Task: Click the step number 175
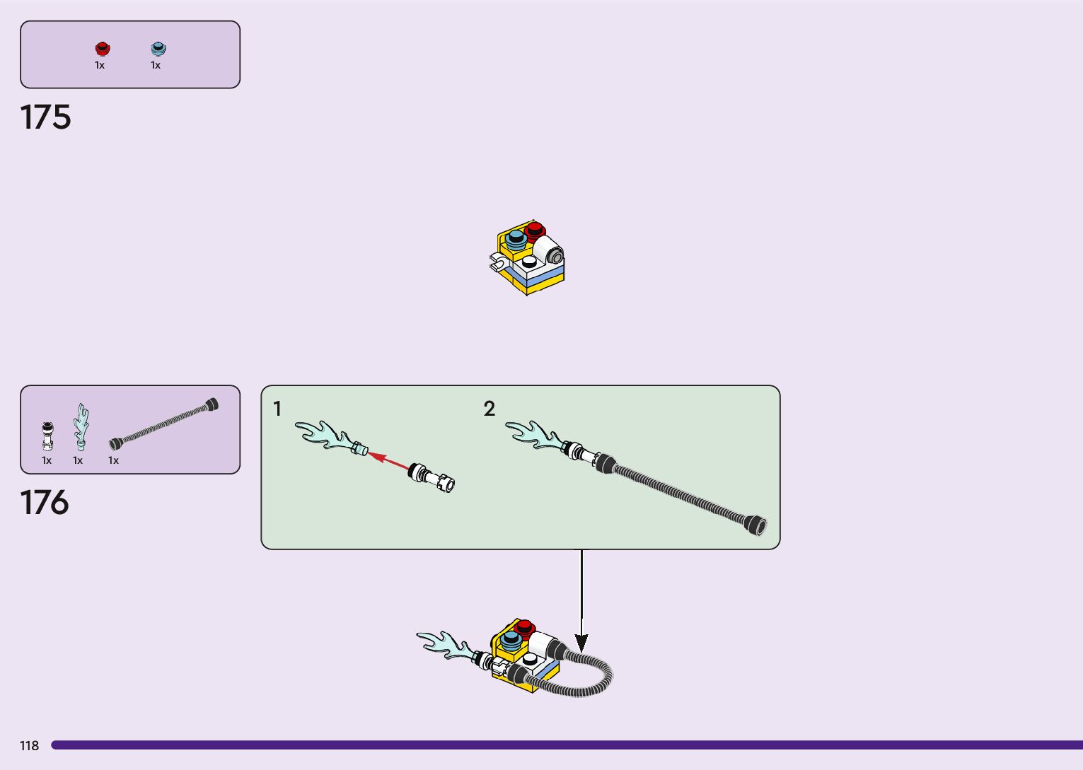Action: coord(46,117)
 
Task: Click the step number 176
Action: coord(45,503)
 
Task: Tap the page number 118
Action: coord(29,745)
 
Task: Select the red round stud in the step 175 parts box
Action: coord(103,48)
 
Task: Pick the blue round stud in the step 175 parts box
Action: coord(158,48)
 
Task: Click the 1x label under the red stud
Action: coord(100,65)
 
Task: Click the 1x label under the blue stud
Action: coord(156,65)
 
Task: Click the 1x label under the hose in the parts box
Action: coord(113,460)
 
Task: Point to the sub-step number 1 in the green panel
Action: coord(277,409)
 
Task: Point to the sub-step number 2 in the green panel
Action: coord(490,409)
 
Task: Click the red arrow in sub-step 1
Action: coord(388,460)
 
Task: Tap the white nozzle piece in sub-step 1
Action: coord(432,477)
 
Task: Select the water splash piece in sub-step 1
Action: coord(330,436)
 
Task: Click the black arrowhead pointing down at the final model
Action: coord(581,643)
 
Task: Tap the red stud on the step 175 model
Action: coord(535,229)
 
